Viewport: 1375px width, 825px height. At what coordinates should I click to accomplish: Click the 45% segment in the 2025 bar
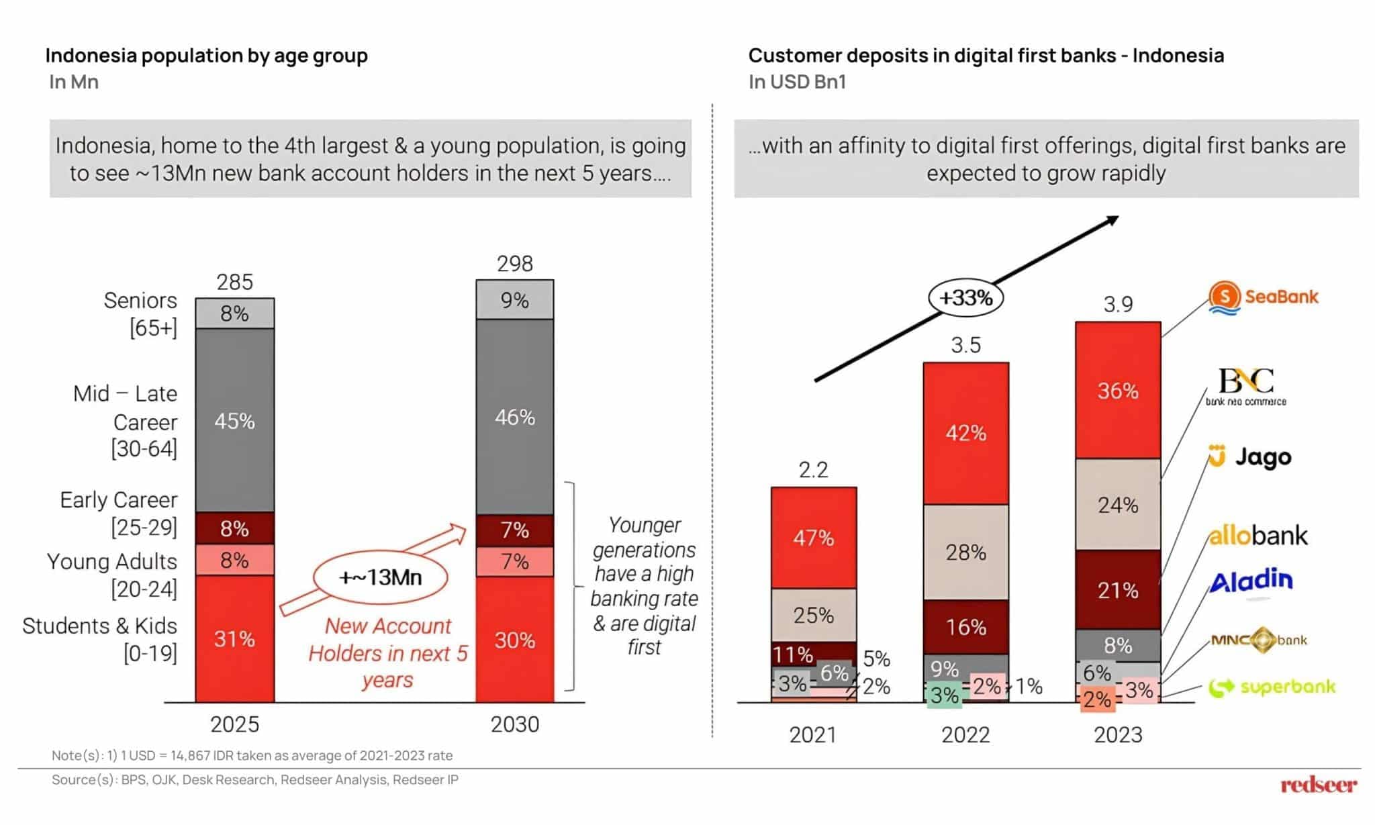click(234, 421)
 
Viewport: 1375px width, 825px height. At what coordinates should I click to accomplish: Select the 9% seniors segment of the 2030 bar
click(515, 300)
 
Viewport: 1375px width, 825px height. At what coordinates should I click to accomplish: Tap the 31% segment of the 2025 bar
click(234, 638)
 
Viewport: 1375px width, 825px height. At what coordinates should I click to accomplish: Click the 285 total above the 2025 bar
click(234, 282)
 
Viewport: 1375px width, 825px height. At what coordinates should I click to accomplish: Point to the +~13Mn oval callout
click(380, 577)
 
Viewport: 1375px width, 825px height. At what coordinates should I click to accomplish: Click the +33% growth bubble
click(965, 297)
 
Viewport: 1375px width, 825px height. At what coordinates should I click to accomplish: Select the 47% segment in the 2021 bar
click(813, 538)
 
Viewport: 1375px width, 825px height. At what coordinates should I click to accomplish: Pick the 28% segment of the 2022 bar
click(965, 552)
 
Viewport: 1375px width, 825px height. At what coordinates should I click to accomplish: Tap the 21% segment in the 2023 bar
click(1118, 590)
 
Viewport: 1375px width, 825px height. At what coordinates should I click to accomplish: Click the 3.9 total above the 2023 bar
click(1118, 305)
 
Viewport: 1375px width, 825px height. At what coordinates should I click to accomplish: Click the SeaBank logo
click(1263, 297)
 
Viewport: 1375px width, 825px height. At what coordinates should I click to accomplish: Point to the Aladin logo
click(1251, 581)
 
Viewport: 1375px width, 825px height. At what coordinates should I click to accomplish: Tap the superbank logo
click(1272, 687)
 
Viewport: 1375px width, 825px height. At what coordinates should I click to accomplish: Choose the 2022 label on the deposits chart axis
click(965, 735)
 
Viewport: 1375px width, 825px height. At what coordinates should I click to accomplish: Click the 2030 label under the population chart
click(515, 724)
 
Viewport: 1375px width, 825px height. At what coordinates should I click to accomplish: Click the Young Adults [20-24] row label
click(112, 575)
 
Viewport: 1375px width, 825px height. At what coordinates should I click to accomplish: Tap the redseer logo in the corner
click(1318, 785)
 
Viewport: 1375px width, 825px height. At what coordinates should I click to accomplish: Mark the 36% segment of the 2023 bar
click(1118, 391)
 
